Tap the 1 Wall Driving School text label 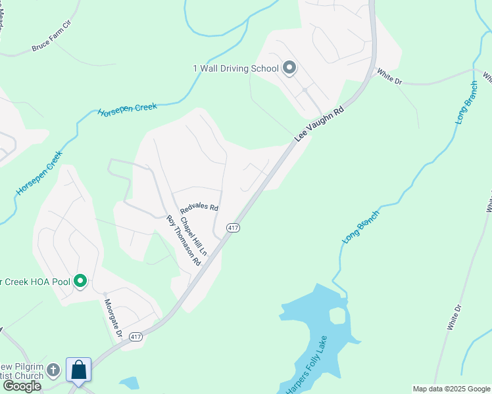tap(236, 69)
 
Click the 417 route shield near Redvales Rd tap(233, 227)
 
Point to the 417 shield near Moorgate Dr tap(135, 337)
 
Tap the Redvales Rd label tap(199, 207)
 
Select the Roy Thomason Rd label tap(184, 240)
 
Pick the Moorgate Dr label tap(114, 318)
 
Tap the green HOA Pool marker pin tap(80, 282)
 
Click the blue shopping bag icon tap(79, 370)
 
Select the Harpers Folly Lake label tap(310, 364)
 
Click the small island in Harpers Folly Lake tap(337, 316)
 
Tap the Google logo tap(22, 386)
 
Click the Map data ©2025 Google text tap(451, 389)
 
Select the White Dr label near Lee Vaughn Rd tap(389, 76)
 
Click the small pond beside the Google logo tap(130, 383)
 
